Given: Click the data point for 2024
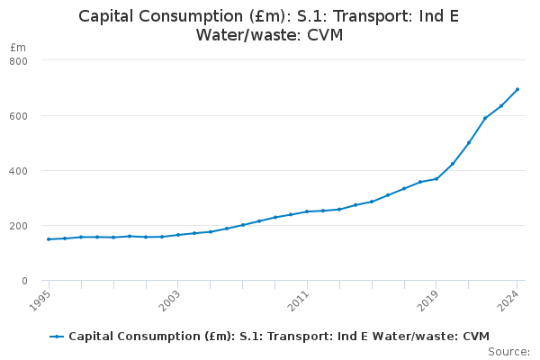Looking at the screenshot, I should coord(517,89).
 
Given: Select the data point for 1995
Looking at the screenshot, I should coord(49,239).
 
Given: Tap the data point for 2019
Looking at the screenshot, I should coord(436,178).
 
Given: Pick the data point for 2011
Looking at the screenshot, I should coord(307,211).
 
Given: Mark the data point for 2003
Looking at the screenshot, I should coord(178,235).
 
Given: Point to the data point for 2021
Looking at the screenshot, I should coord(469,142).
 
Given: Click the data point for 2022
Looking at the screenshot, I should coord(485,118).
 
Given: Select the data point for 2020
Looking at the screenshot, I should coord(453,163).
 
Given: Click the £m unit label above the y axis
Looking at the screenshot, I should coord(18,47).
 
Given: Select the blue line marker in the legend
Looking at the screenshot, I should coord(57,337).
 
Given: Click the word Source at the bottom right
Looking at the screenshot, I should coord(508,352).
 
